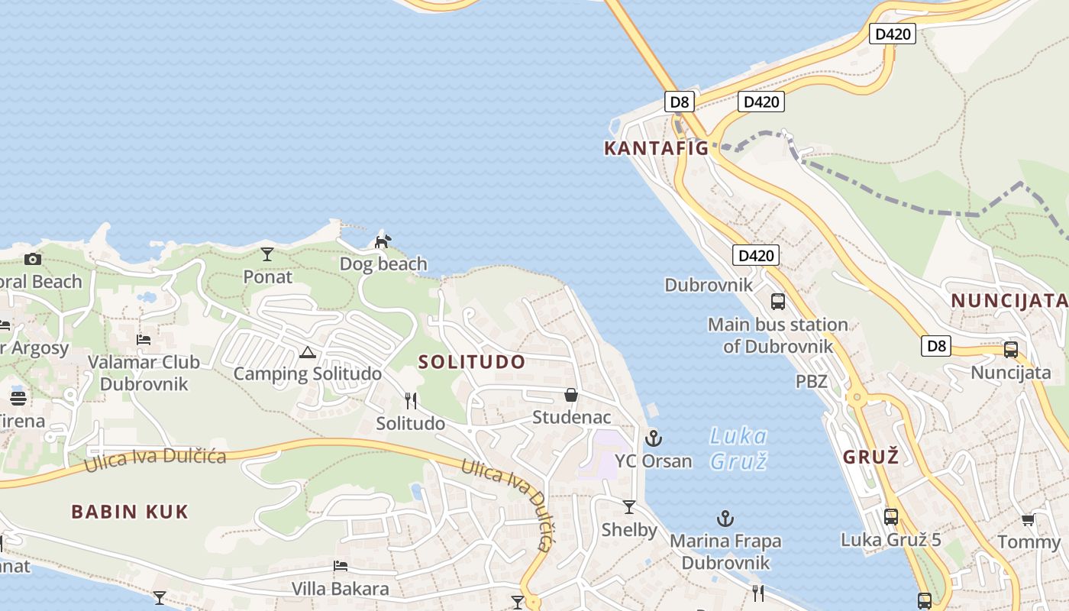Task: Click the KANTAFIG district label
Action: point(656,148)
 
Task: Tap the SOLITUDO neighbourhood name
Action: point(472,362)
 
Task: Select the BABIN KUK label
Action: point(130,512)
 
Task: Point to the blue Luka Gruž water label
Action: point(738,448)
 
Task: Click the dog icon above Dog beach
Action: point(383,242)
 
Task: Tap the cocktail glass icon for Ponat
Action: point(267,254)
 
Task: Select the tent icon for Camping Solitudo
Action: point(307,352)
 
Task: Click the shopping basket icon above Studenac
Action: point(570,395)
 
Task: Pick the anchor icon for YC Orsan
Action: point(653,438)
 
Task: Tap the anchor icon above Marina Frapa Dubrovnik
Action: point(725,519)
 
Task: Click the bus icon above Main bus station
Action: point(777,302)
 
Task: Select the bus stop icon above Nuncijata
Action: point(1011,351)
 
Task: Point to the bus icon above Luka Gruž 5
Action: point(890,517)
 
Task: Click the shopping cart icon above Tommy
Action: point(1028,520)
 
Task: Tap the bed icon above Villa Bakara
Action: point(341,566)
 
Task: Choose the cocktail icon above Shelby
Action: point(629,507)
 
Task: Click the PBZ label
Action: point(811,381)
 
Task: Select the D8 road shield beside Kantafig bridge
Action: point(679,102)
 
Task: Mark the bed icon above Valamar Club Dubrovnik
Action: point(144,339)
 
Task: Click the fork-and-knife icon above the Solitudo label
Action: point(411,401)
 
